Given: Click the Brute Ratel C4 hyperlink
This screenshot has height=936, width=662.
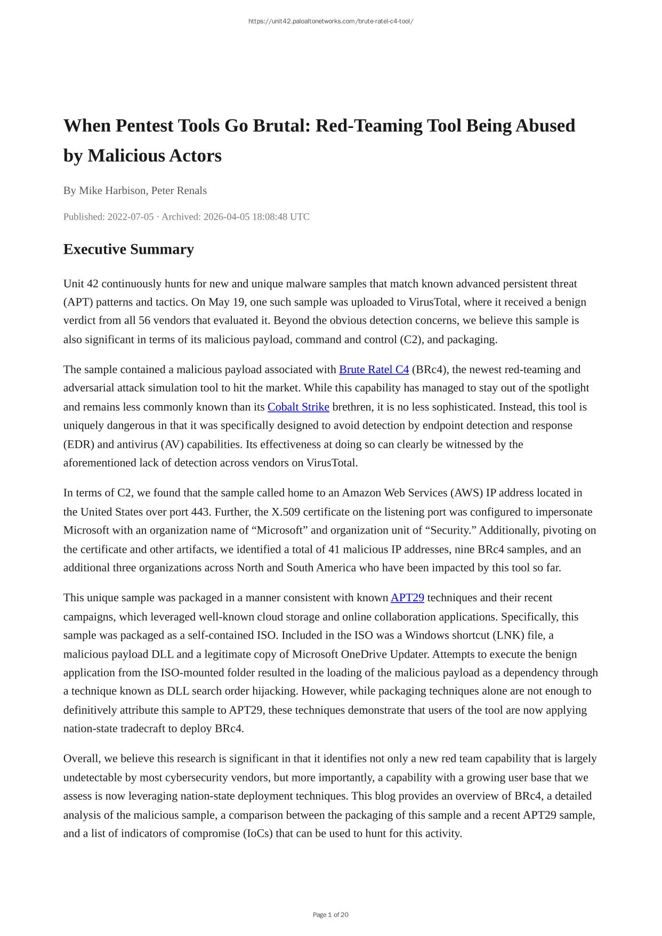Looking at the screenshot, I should (374, 369).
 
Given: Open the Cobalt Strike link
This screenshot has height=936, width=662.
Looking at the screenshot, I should (298, 407).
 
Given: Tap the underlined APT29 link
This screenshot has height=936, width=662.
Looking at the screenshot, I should (407, 598).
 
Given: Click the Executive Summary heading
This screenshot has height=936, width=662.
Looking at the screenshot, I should (128, 249).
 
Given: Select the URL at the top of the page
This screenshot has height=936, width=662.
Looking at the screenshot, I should (330, 21).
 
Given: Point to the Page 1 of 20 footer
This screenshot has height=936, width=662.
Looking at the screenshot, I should (330, 915).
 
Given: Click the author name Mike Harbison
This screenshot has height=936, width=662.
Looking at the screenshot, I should (112, 190).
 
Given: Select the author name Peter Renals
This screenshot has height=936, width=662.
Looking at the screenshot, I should (179, 190).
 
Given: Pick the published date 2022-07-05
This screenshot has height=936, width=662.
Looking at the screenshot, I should (131, 216).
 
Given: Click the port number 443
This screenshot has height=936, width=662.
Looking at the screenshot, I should (201, 512).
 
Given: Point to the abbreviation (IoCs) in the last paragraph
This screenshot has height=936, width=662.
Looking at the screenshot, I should (257, 833).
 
